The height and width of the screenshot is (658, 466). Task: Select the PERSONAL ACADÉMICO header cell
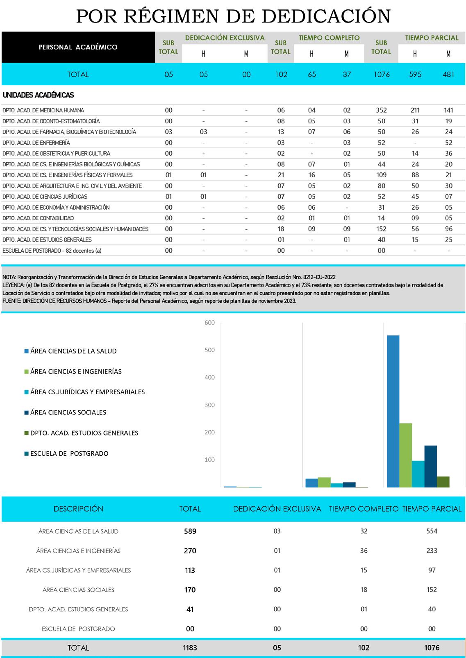coord(78,47)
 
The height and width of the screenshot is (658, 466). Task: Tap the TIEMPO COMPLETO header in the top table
coord(329,38)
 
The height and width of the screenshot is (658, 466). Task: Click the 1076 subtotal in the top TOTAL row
coord(381,75)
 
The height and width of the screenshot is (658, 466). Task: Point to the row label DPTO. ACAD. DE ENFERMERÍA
coord(36,142)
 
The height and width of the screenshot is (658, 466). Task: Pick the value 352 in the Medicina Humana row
coord(381,110)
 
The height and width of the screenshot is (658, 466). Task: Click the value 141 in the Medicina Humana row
coord(448,110)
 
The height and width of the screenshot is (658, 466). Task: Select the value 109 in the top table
coord(381,175)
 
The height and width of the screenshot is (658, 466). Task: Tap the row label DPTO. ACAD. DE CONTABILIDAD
coord(38,218)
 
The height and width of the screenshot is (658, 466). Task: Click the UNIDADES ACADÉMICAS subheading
coord(38,95)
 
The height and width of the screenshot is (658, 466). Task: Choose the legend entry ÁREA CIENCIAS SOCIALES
coord(68,412)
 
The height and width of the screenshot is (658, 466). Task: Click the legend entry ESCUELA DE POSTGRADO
coord(69,453)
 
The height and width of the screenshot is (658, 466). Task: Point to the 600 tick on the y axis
coord(209,323)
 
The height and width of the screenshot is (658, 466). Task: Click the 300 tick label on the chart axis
coord(209,405)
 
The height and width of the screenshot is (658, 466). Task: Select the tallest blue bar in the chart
coord(393,411)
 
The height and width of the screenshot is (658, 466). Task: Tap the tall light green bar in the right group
coord(405,455)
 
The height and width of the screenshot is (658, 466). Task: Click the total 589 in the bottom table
coord(190,531)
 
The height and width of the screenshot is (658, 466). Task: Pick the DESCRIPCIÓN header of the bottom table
coord(78,509)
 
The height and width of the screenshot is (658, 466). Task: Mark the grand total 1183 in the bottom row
coord(190,648)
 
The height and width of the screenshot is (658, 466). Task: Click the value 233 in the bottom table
coord(432,551)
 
